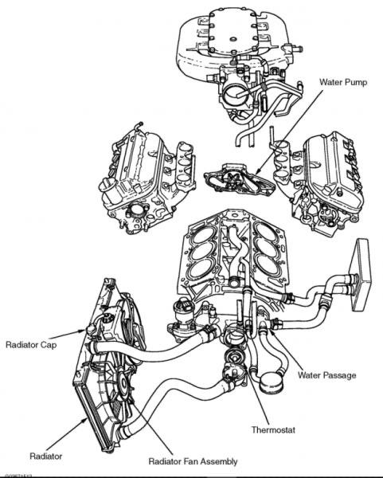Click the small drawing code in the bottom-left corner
click(18, 474)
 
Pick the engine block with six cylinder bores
click(230, 256)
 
